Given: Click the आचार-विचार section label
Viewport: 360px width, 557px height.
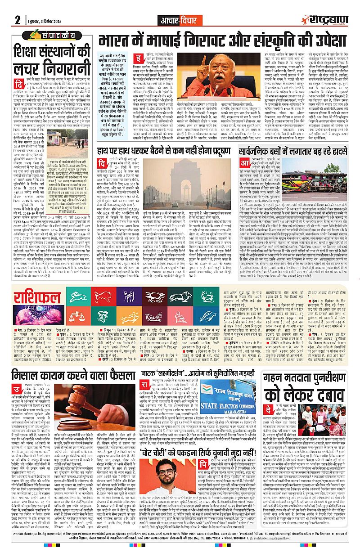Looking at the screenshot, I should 180,20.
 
